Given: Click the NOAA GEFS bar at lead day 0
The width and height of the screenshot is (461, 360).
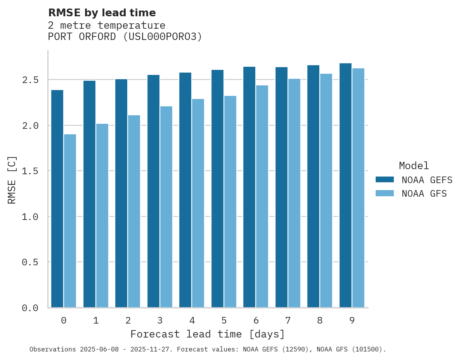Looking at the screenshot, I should click(57, 199).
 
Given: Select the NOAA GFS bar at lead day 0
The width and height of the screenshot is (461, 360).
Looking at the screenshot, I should click(70, 221).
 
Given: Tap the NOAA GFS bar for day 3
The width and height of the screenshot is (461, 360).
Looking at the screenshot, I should click(166, 207).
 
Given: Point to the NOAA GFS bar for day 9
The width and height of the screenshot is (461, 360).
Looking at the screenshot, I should click(358, 188).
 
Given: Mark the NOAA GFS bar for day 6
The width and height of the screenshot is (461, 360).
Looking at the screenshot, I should click(262, 196).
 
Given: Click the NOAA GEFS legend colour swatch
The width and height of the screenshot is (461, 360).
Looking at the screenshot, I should click(385, 180).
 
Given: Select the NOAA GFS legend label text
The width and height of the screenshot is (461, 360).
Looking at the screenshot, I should click(424, 194).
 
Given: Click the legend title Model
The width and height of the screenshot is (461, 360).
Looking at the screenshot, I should click(414, 166).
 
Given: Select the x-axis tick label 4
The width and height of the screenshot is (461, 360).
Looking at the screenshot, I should click(192, 320).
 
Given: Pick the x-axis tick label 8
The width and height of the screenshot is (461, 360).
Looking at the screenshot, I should click(320, 320).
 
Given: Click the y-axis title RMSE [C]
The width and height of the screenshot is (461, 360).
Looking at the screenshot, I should click(12, 180).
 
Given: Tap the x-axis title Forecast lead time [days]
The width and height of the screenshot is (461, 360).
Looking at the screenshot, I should click(208, 334).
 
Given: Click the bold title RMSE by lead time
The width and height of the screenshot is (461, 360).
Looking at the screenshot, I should click(102, 13).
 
